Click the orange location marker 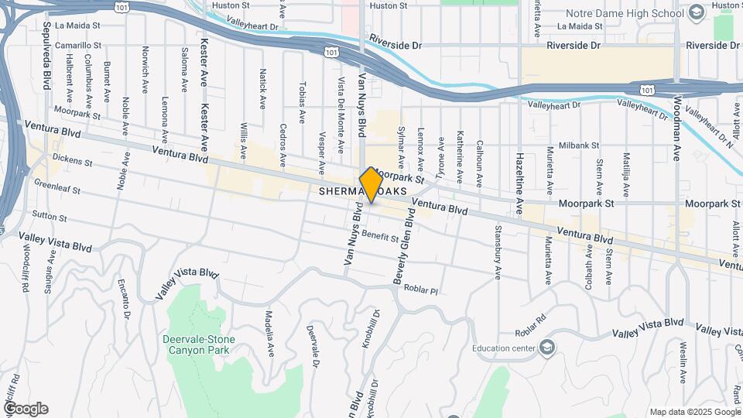tap(371, 185)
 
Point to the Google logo tap(26, 409)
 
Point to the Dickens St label tap(73, 163)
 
